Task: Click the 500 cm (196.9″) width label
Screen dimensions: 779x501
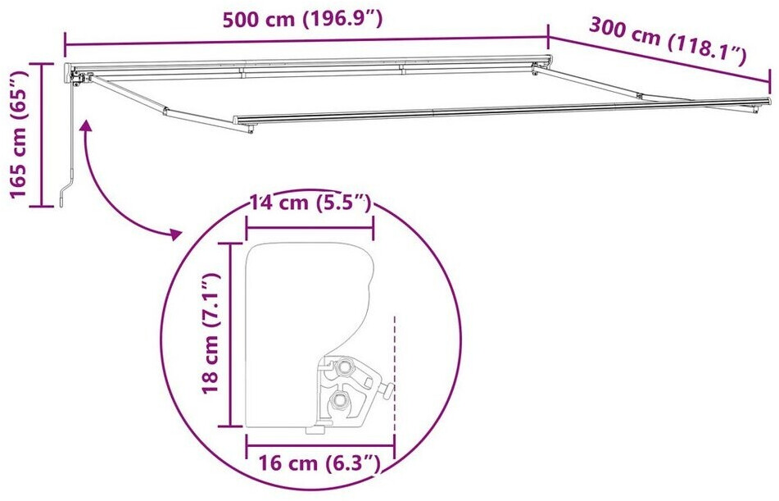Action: tap(302, 20)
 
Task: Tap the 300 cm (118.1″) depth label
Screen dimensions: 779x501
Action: tap(668, 41)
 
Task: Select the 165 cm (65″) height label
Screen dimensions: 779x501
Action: tap(18, 134)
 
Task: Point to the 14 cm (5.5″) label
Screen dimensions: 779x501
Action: tap(310, 203)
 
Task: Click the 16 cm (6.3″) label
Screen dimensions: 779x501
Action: tap(319, 463)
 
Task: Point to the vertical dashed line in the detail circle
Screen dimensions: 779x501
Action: tap(395, 374)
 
